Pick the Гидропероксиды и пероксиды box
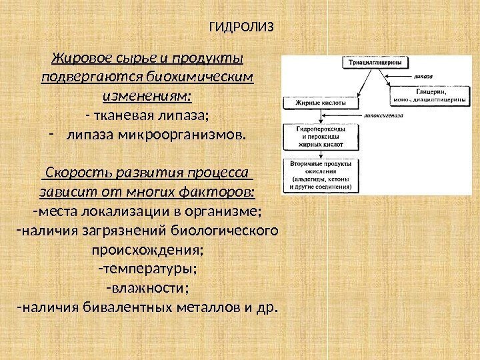click(x=317, y=135)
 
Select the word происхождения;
click(x=147, y=251)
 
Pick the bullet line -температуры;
click(x=147, y=270)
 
